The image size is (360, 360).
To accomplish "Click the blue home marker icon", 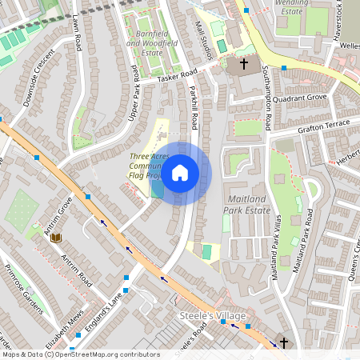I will (180, 173).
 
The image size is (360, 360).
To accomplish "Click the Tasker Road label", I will (177, 74).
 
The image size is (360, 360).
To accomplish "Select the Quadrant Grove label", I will (300, 98).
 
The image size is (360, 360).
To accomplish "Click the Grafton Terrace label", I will (324, 126).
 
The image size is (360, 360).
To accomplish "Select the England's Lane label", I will (103, 308).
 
